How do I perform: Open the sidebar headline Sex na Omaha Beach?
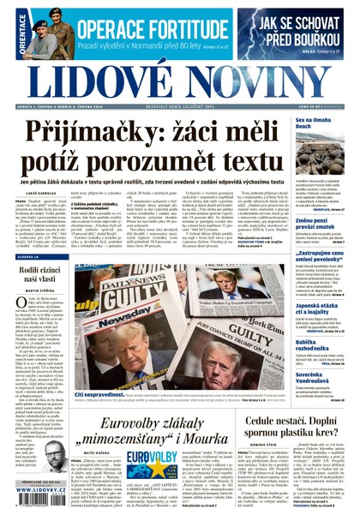(x=313, y=126)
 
